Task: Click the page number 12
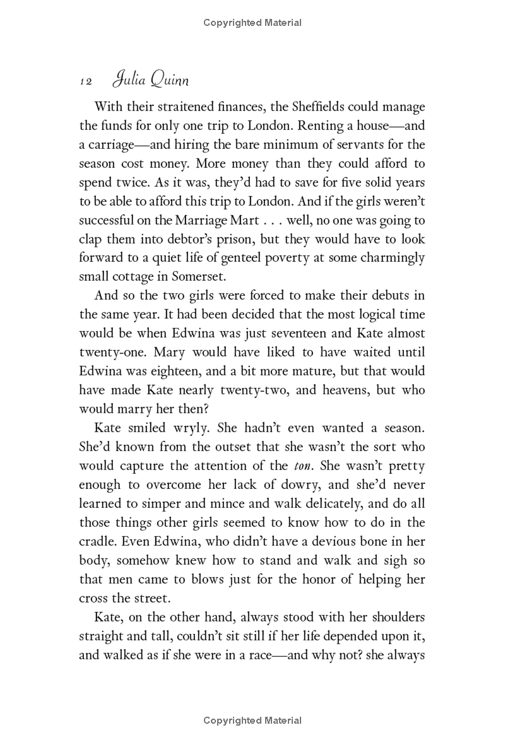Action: point(86,82)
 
